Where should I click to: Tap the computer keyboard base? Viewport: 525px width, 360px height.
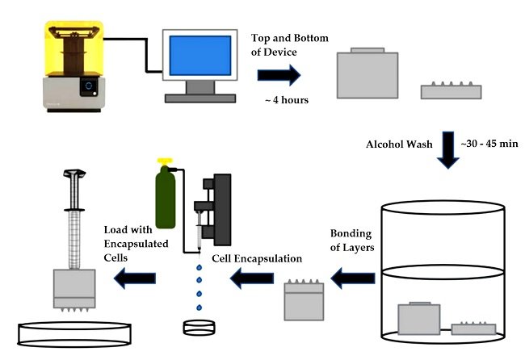196,98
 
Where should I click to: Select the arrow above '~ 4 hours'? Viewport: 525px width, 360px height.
279,76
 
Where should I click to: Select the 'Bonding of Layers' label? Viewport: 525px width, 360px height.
351,240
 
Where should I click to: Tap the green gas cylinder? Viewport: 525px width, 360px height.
167,201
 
